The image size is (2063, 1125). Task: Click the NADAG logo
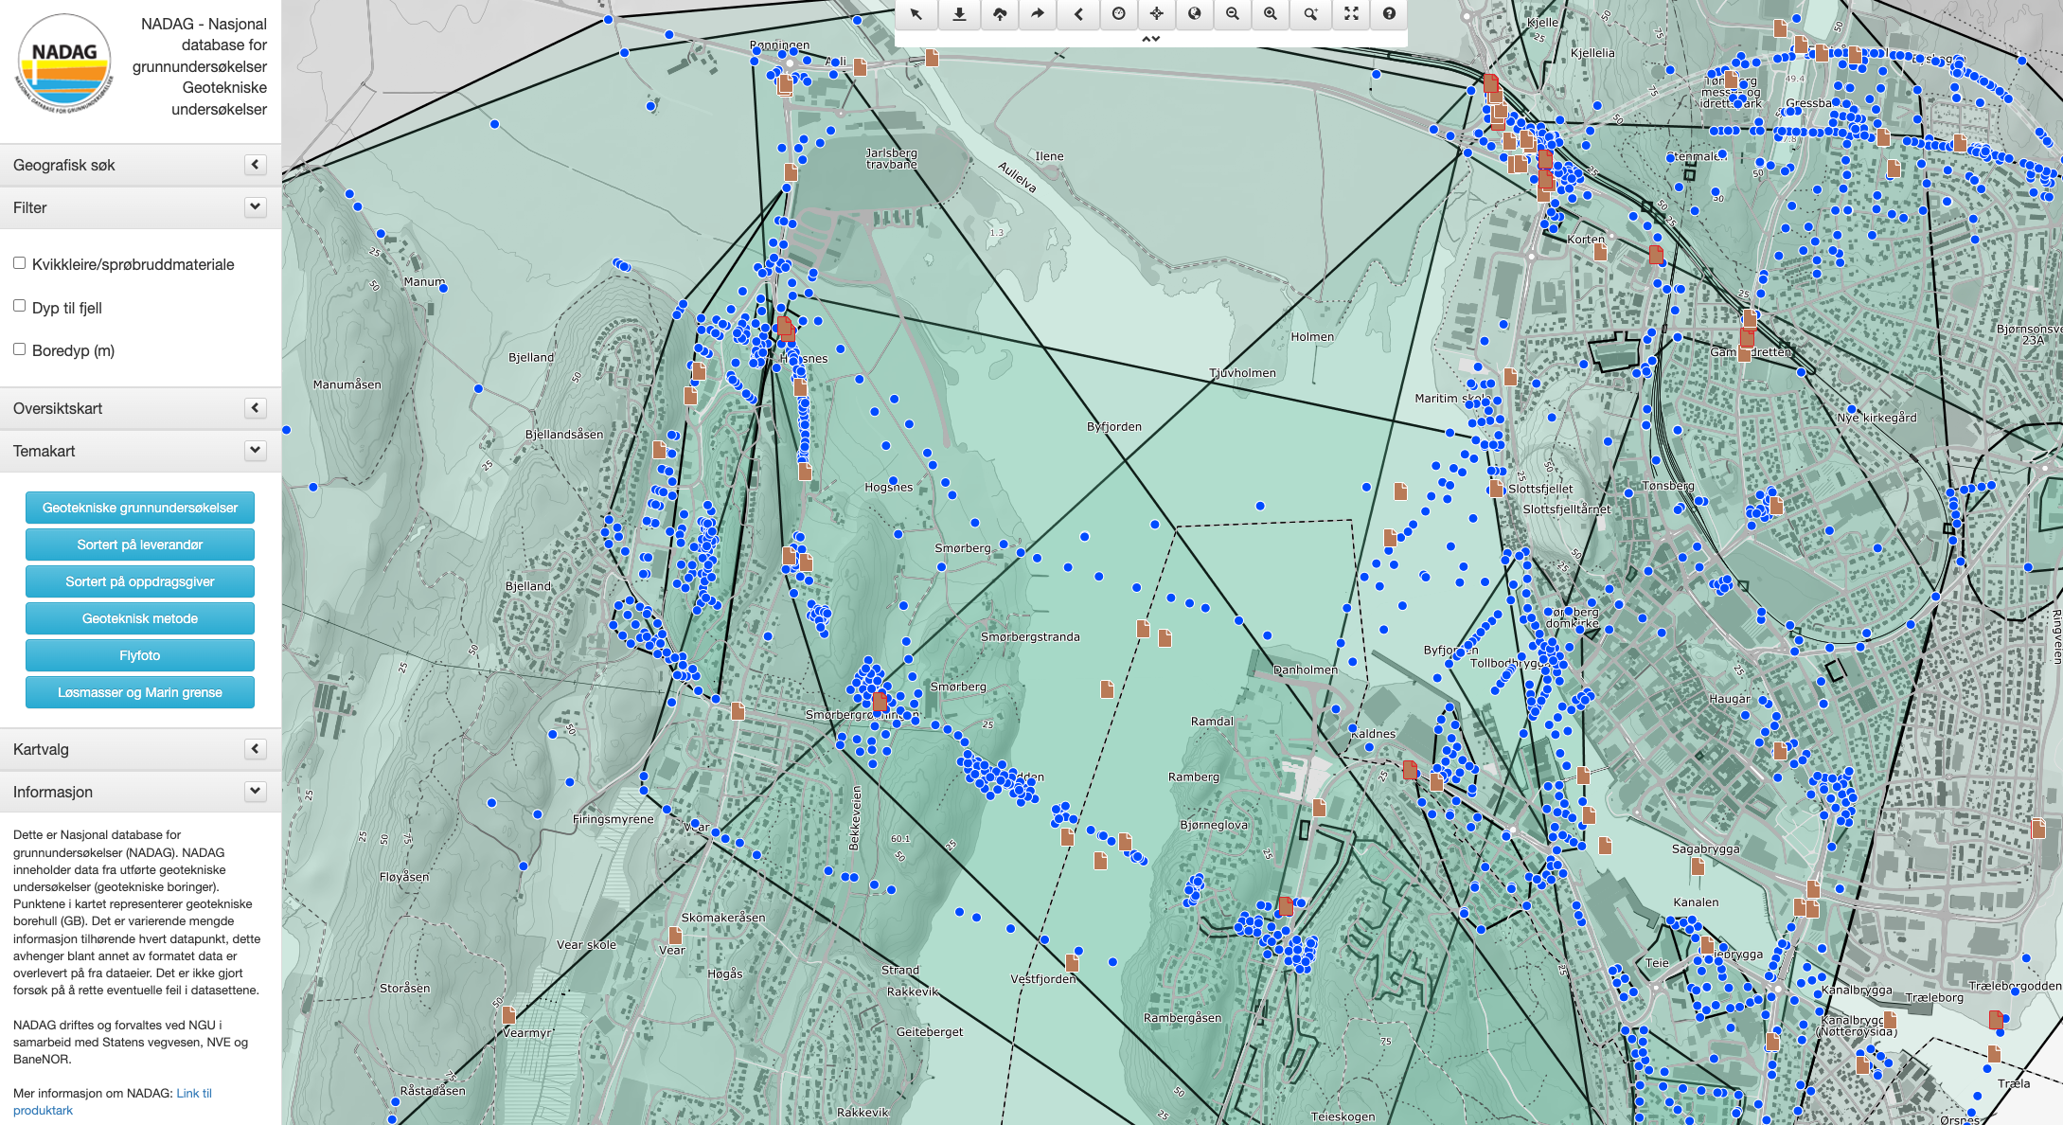click(x=64, y=63)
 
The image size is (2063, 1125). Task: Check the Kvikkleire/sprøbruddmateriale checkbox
click(x=19, y=263)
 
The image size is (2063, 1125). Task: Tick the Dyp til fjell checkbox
click(x=19, y=306)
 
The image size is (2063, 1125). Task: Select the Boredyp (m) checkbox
click(x=19, y=349)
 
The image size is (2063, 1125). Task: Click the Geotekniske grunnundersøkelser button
click(x=140, y=508)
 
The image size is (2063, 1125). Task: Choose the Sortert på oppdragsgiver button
click(x=140, y=581)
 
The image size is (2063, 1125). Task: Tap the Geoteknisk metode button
click(x=140, y=618)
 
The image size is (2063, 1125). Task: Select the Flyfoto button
click(x=140, y=655)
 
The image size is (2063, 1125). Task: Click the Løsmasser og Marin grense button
click(x=140, y=692)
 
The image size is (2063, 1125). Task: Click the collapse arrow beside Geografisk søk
click(x=255, y=165)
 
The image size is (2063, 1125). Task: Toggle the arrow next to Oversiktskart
click(x=255, y=408)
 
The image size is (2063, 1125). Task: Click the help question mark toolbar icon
click(x=1389, y=13)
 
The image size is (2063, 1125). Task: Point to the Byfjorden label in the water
click(x=1113, y=427)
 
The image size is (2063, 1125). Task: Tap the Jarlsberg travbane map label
click(x=891, y=158)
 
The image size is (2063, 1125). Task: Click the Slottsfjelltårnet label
click(x=1566, y=509)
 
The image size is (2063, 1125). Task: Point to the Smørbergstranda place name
click(x=1030, y=637)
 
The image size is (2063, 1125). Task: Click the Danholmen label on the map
click(x=1305, y=670)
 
